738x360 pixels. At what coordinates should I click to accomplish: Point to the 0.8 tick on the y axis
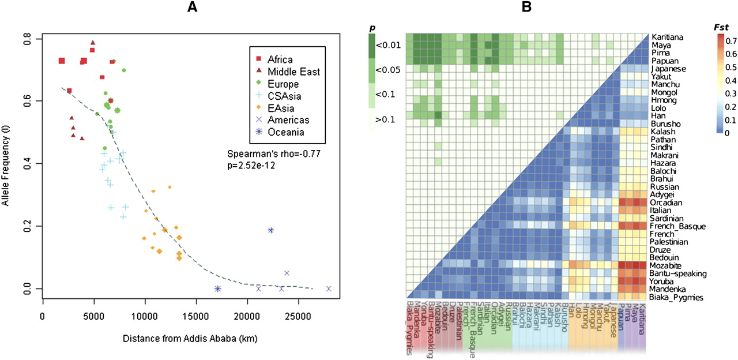click(28, 39)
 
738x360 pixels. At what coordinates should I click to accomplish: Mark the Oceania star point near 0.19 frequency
click(270, 230)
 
